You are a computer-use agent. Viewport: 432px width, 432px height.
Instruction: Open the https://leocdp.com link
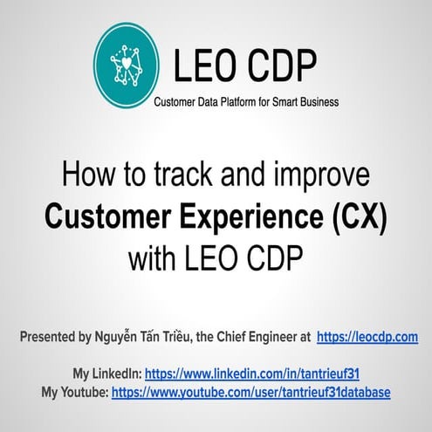367,337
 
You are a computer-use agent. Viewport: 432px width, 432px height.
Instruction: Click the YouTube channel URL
251,392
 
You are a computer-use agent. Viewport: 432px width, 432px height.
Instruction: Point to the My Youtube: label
75,392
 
